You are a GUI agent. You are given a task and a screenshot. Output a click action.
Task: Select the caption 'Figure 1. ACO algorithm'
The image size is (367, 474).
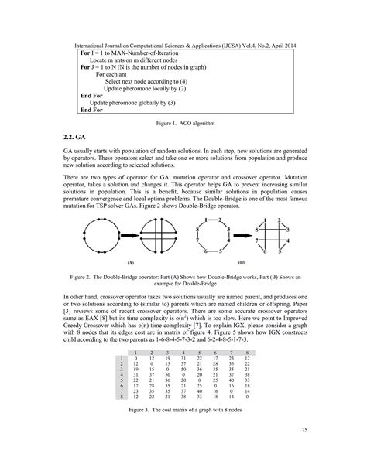(x=183, y=123)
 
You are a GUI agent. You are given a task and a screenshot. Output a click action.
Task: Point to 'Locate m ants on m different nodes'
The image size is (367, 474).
(x=138, y=59)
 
